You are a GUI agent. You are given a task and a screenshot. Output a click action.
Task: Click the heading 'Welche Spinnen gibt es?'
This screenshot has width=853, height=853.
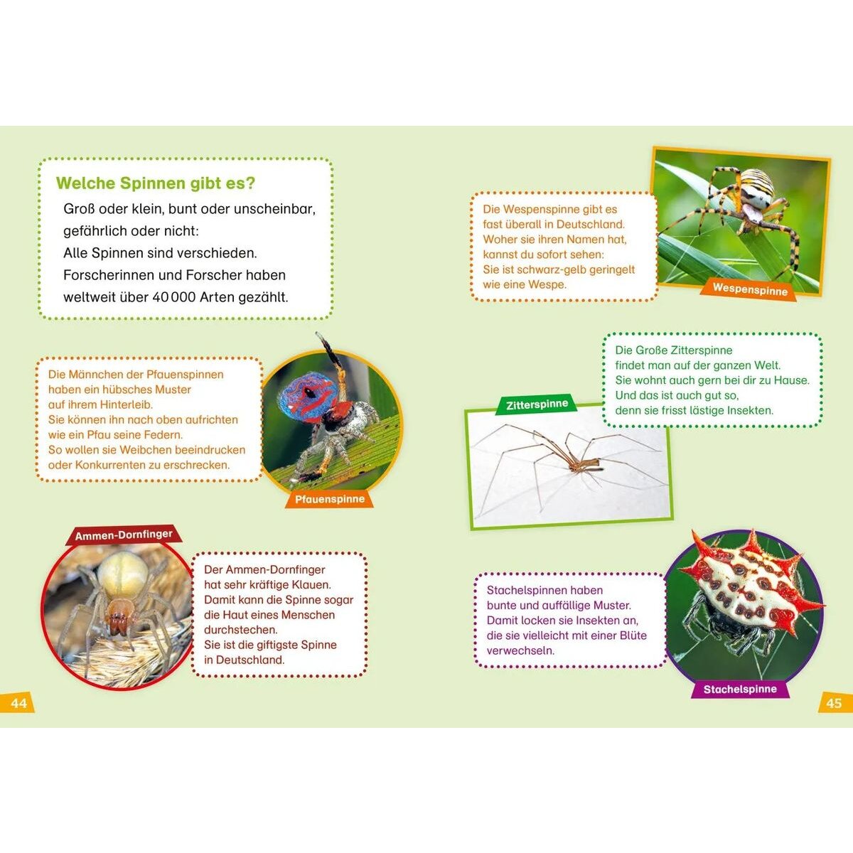156,183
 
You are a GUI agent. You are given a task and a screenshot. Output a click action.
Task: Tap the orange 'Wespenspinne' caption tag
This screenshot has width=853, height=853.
749,289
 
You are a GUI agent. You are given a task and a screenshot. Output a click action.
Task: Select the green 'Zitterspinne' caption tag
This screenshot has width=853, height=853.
537,404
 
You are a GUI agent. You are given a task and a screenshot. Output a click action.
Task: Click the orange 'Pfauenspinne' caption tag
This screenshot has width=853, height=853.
330,499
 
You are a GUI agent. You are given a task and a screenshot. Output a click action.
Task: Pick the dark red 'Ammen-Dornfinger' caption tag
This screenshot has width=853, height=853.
124,535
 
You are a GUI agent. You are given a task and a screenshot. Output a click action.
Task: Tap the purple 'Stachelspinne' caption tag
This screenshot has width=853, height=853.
740,690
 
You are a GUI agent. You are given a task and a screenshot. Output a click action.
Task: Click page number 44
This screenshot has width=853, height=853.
18,703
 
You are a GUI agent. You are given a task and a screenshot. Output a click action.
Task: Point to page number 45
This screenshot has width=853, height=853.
834,703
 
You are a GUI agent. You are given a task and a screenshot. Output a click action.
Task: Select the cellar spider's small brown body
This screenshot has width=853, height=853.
584,464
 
